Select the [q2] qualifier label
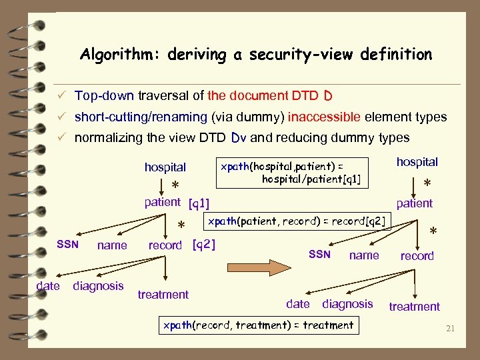click(203, 245)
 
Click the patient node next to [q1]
click(163, 201)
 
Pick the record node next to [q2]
click(165, 245)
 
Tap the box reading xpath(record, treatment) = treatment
click(258, 325)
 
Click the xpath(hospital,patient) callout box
click(294, 172)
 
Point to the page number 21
click(450, 328)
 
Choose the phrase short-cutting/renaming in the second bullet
click(141, 117)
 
